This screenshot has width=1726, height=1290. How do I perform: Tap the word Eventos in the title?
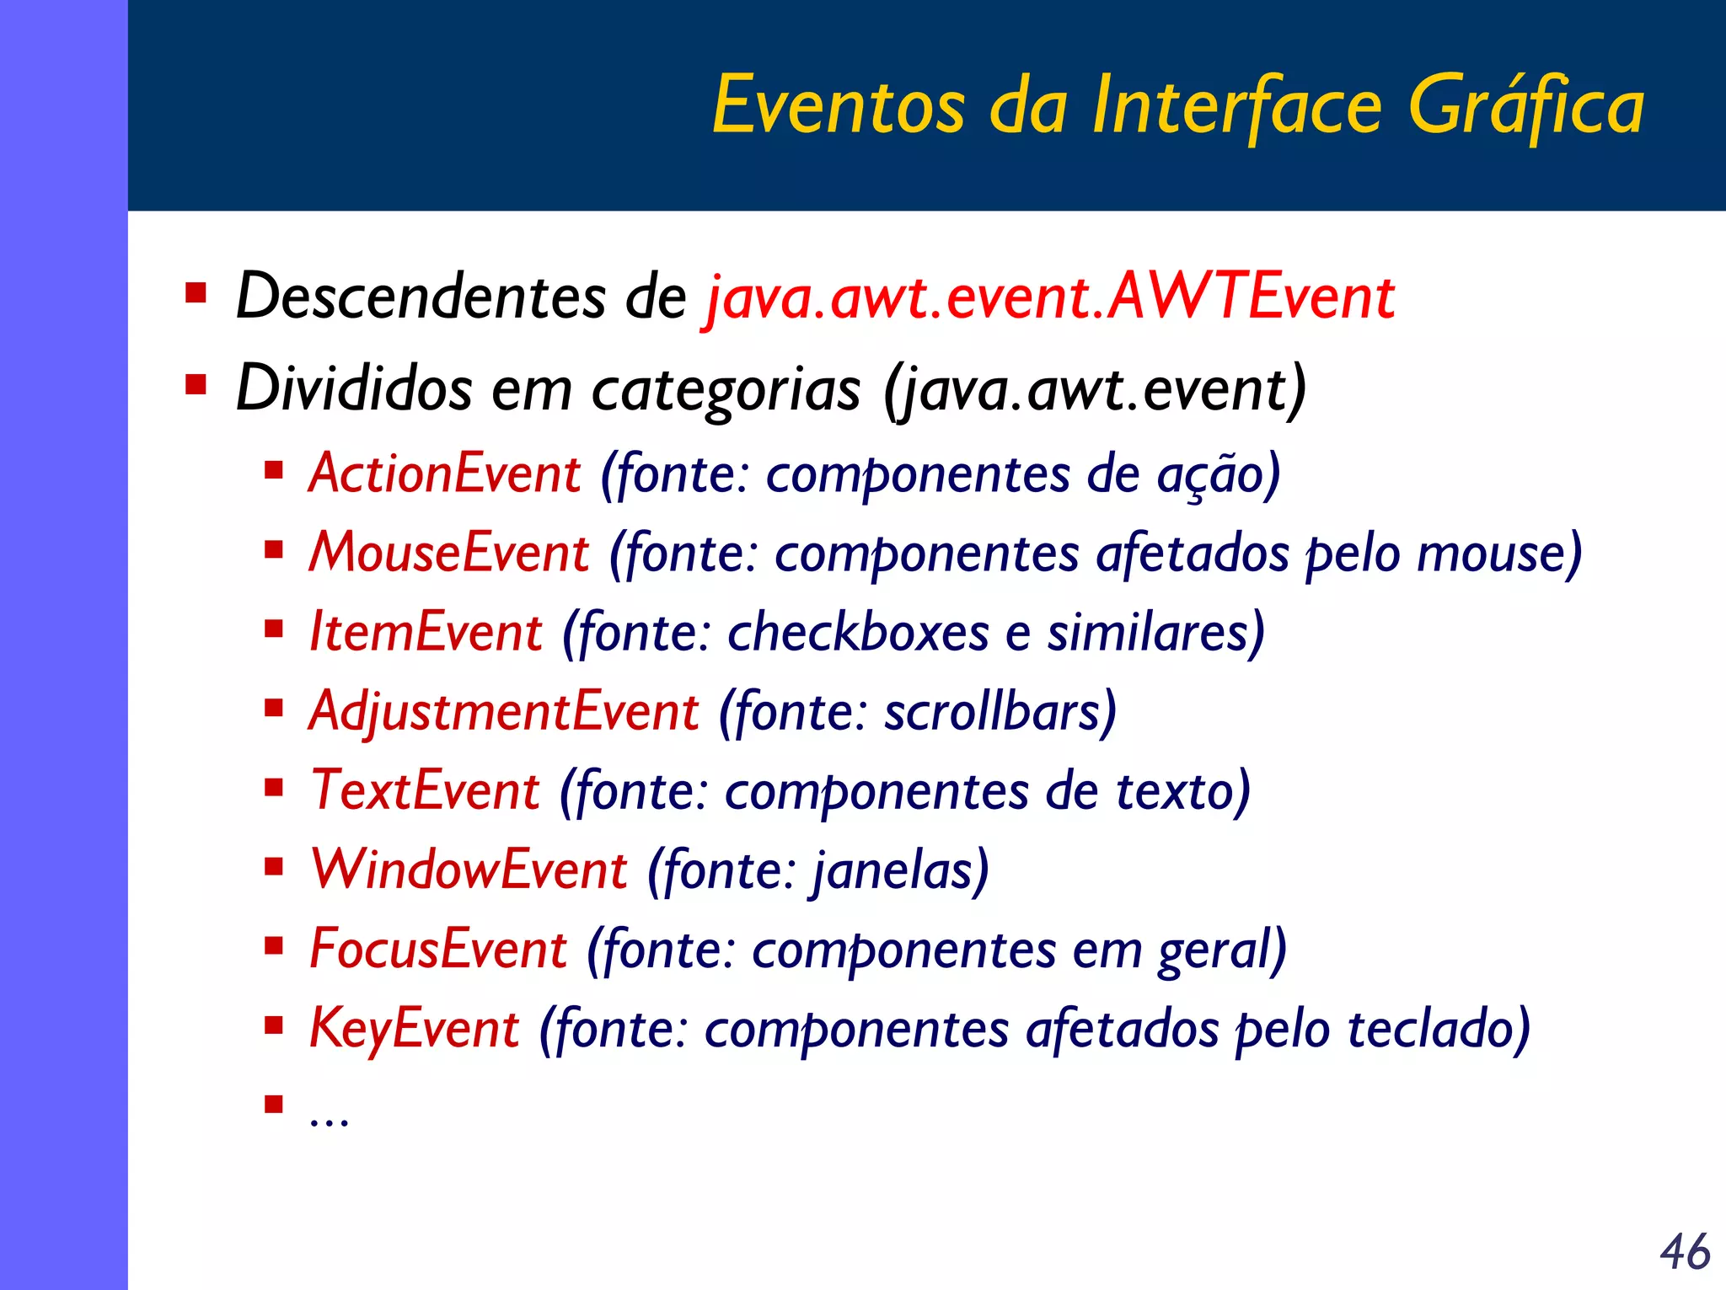(x=839, y=107)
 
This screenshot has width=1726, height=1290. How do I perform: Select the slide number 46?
(x=1685, y=1252)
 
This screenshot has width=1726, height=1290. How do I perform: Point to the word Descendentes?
(x=420, y=297)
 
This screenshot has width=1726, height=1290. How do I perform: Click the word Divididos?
(x=354, y=388)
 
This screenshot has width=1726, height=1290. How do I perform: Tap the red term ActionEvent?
(x=445, y=474)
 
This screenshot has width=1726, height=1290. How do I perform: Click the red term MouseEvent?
(x=449, y=554)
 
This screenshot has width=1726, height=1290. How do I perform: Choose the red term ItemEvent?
(x=426, y=633)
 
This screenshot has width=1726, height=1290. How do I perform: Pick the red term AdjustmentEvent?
(x=504, y=712)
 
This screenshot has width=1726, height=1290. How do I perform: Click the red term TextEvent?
(x=426, y=791)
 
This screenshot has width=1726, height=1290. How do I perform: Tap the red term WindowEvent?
(x=469, y=870)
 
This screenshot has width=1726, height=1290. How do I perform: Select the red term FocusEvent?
(x=438, y=950)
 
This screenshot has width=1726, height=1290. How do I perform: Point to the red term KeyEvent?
(x=415, y=1029)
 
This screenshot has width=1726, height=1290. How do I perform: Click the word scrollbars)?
(x=1000, y=712)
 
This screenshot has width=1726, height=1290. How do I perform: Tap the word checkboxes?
(x=858, y=633)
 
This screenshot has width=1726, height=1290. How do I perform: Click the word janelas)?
(x=900, y=870)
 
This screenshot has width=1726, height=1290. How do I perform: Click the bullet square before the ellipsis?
(x=273, y=1104)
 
